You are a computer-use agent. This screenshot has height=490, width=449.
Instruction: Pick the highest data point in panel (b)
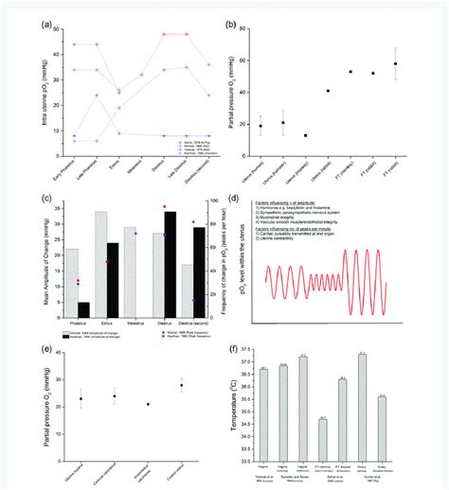pyautogui.click(x=422, y=63)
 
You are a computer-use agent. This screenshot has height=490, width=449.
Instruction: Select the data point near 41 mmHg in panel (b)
pyautogui.click(x=354, y=91)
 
